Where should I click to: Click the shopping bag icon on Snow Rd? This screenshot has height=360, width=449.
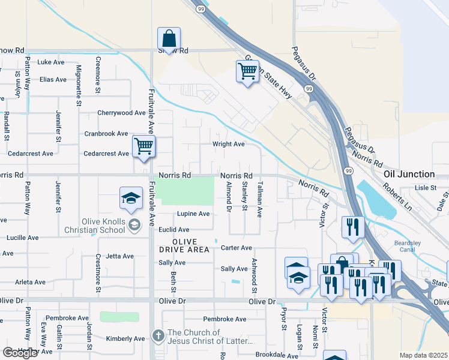tap(169, 39)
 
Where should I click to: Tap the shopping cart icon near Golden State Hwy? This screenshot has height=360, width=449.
tap(247, 72)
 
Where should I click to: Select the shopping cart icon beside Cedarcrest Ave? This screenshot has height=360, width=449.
tap(143, 146)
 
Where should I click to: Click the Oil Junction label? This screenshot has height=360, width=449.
tap(409, 174)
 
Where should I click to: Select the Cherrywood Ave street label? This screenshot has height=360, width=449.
tap(121, 113)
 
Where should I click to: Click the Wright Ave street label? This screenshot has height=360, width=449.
tap(229, 144)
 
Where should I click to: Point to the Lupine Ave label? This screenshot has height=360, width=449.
tap(193, 214)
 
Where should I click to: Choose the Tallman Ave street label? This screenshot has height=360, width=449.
tap(260, 199)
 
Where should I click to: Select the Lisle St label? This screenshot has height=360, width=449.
tap(425, 188)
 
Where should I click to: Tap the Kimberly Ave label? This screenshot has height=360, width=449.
tap(125, 338)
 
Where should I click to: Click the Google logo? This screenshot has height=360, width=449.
tap(20, 353)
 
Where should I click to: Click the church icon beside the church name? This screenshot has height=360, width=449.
tap(158, 336)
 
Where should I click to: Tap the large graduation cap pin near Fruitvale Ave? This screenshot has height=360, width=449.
tap(131, 199)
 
